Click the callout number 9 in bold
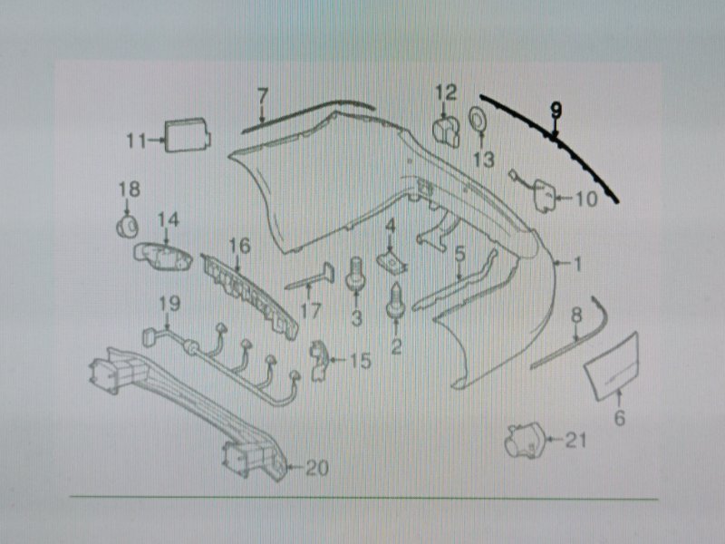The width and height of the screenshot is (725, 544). pos(556,110)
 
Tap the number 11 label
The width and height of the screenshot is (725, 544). pos(137,141)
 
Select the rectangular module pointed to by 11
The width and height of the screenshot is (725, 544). pos(188,134)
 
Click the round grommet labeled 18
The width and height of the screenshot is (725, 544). pos(127,227)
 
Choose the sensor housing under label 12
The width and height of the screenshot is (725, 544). pos(446,131)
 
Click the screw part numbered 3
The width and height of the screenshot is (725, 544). pos(356,276)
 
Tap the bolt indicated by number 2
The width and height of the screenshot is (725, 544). pos(396,301)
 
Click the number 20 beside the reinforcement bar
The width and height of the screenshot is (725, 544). pos(317,468)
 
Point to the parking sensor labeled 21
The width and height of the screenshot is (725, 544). pos(525,441)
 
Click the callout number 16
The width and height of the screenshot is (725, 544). pos(239,246)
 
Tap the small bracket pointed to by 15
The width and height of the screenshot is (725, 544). pos(319,361)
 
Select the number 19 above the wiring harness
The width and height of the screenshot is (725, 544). pos(169,304)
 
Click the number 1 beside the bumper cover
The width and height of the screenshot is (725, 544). pos(577,264)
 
